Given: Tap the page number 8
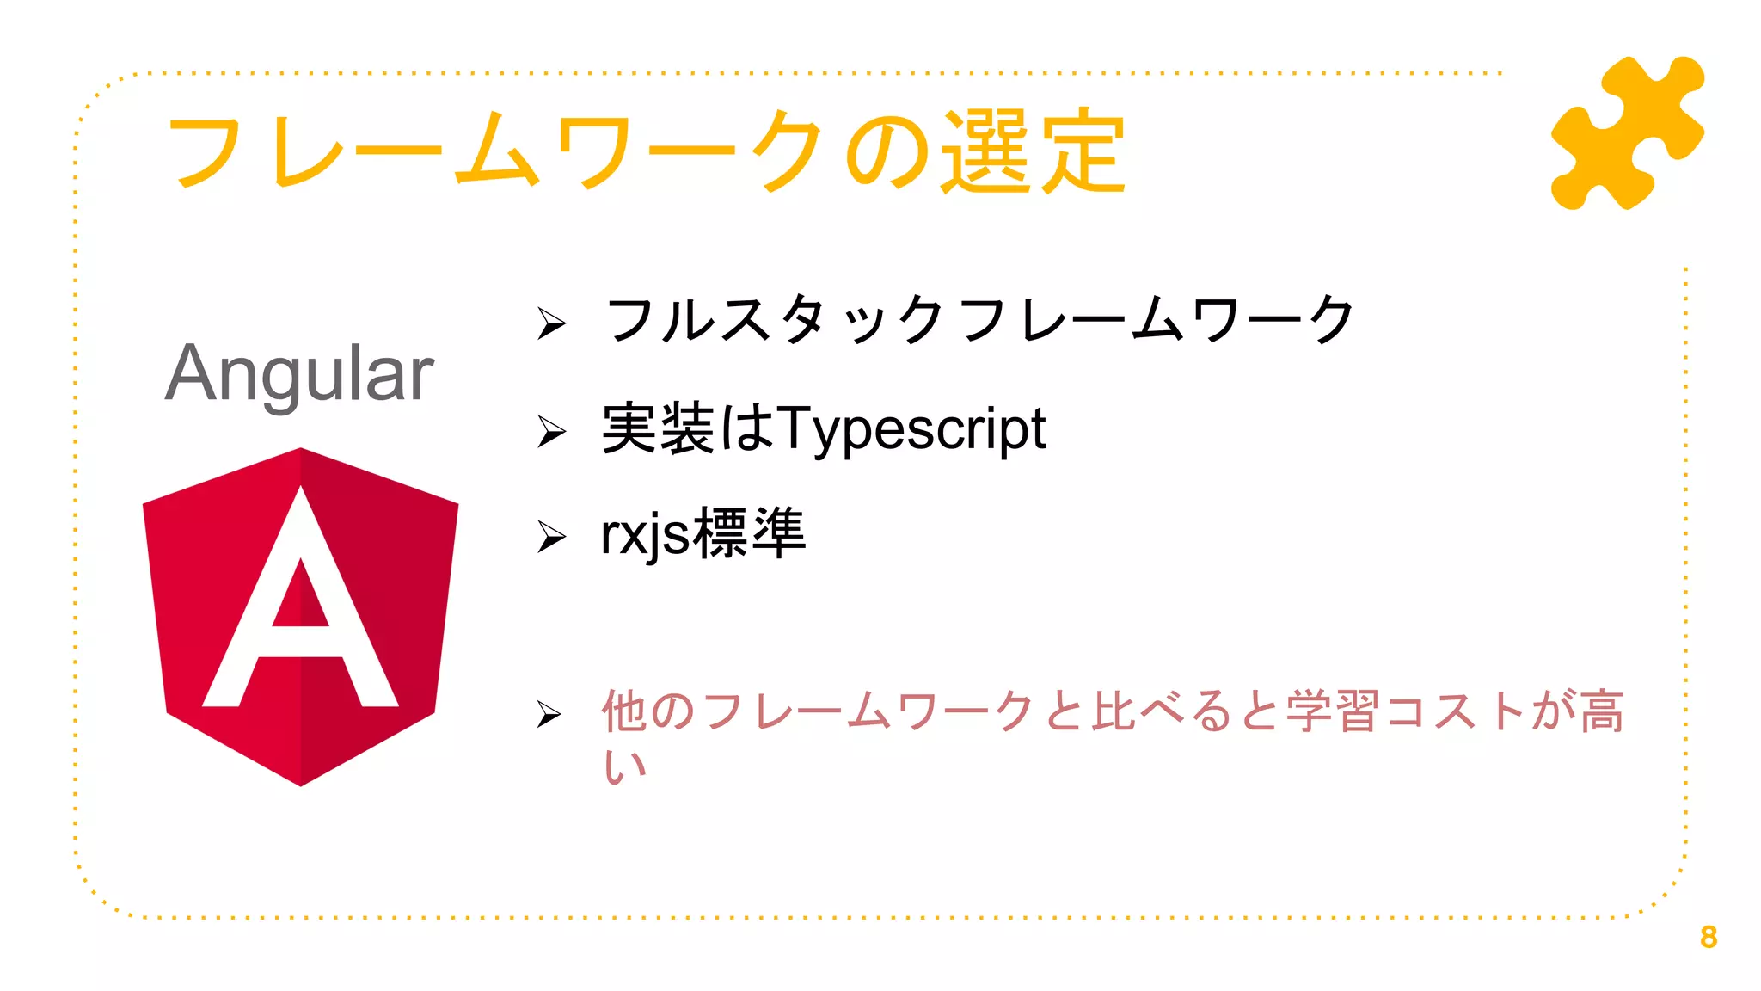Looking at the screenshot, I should tap(1709, 937).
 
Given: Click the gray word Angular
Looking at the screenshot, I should tap(299, 373).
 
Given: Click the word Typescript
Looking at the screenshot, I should tap(912, 428).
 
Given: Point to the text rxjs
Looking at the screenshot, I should tap(645, 534).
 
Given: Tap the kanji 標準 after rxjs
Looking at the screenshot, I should tap(749, 533).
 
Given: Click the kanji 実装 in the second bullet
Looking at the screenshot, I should tap(658, 428).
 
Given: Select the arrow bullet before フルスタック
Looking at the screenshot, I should tap(551, 323).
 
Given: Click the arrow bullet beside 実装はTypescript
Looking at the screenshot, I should tap(551, 431).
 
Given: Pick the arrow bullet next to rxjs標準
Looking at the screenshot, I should tap(551, 537).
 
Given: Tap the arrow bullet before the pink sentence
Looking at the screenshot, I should tap(549, 714).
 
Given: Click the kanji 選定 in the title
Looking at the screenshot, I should tap(1033, 151).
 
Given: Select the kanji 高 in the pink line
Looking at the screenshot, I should tap(1602, 711).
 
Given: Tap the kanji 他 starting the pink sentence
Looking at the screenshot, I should tap(623, 711).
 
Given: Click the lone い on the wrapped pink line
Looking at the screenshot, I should tap(624, 766).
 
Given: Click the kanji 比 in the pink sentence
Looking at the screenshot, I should tap(1115, 711).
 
